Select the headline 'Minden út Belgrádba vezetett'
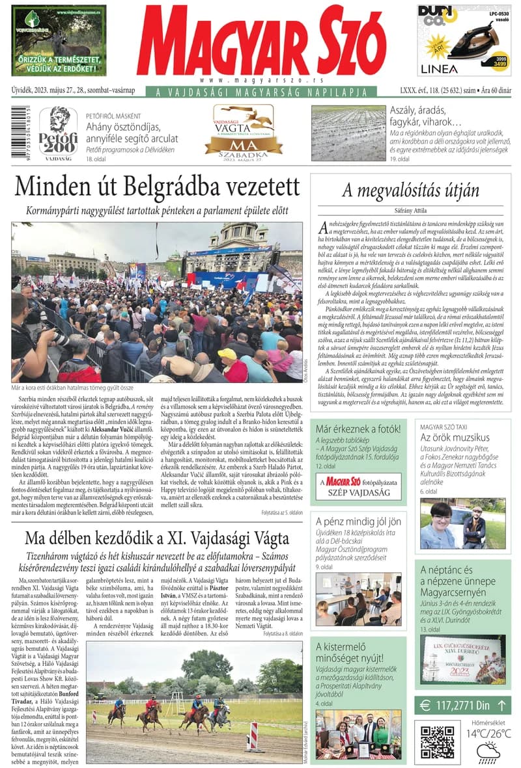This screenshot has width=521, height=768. [157, 187]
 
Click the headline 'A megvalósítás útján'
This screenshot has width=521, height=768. [410, 191]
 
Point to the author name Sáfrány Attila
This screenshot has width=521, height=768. [410, 210]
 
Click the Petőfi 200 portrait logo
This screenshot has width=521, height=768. [58, 131]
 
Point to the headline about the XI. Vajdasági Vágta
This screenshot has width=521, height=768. [157, 539]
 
